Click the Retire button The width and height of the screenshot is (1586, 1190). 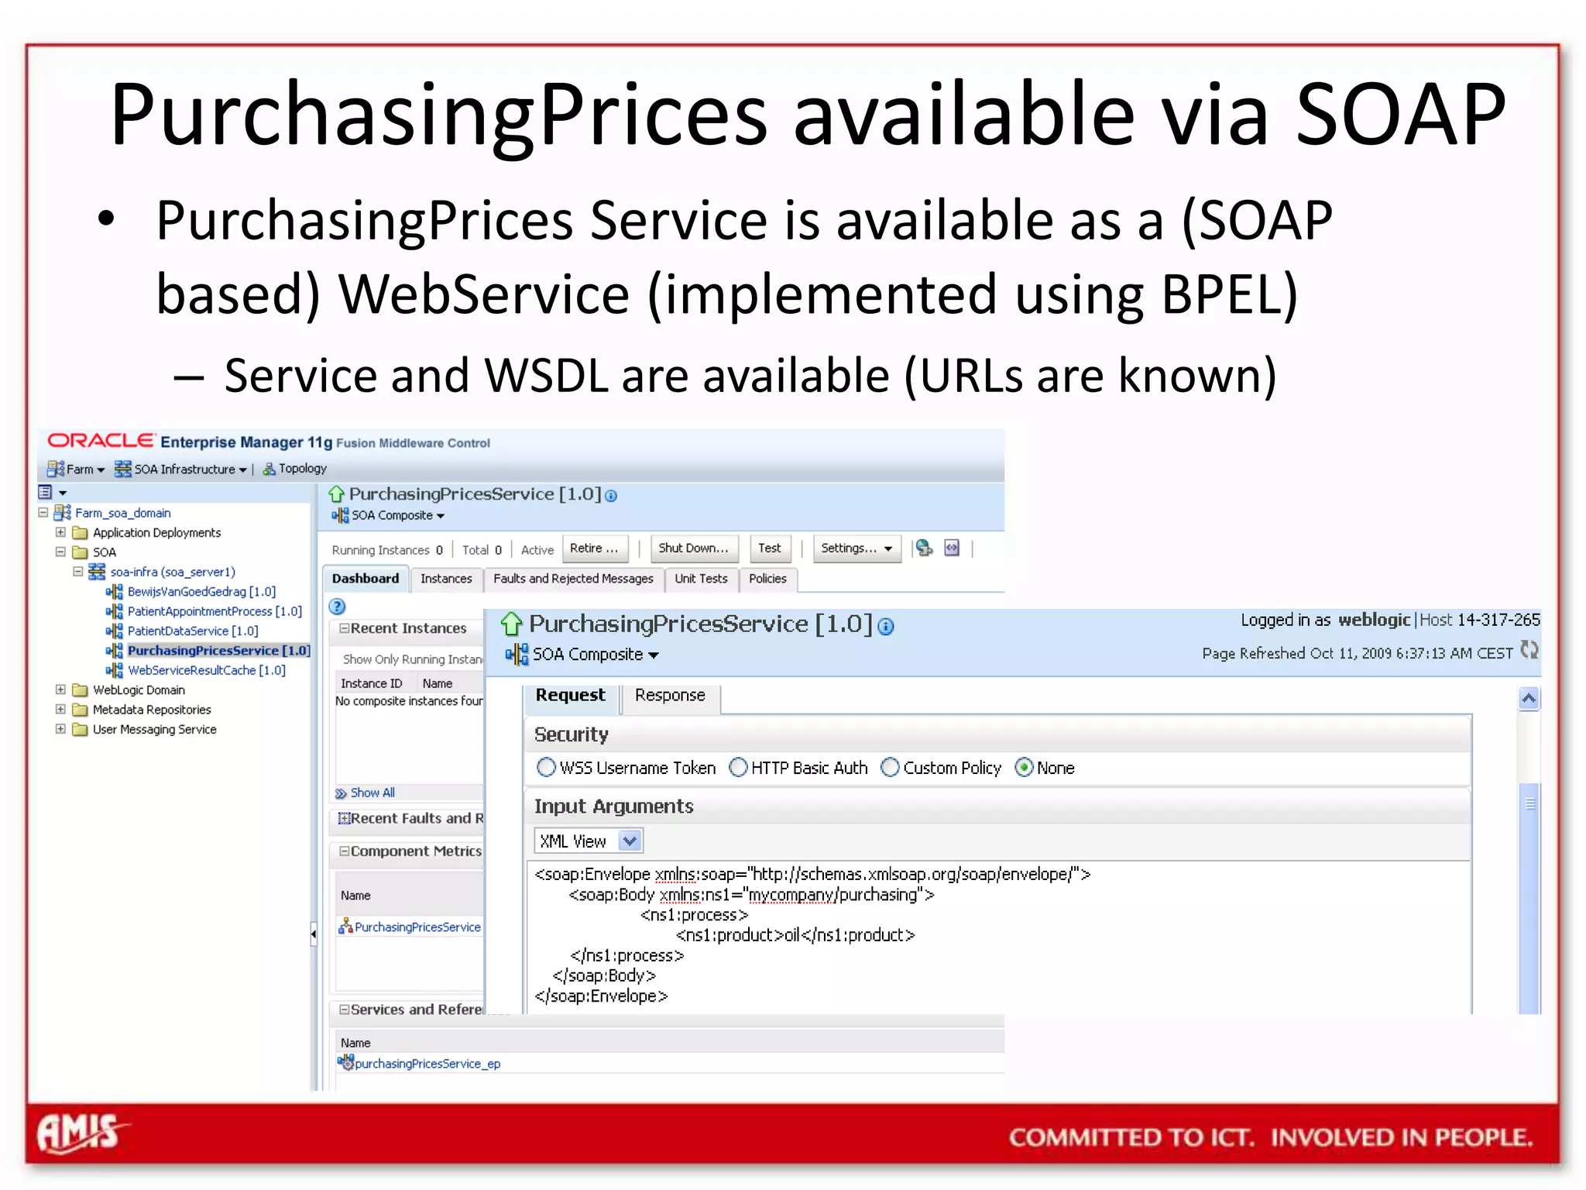click(x=594, y=549)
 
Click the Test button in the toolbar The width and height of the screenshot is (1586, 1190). click(x=769, y=549)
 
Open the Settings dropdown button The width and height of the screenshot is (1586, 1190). click(x=857, y=549)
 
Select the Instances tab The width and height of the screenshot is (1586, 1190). click(x=446, y=579)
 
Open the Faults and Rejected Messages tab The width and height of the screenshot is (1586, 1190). click(x=573, y=579)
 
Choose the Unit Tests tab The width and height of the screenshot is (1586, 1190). click(x=701, y=579)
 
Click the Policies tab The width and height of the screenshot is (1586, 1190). click(x=767, y=579)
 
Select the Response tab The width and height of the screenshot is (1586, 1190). click(x=670, y=695)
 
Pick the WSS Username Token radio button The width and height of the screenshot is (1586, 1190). click(x=547, y=768)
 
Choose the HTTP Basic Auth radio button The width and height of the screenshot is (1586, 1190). click(x=739, y=768)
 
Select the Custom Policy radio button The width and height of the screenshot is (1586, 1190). click(x=891, y=768)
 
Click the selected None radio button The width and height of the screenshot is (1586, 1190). click(x=1024, y=768)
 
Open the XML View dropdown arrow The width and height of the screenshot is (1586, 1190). click(x=630, y=841)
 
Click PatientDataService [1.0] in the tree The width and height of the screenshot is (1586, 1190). click(x=193, y=631)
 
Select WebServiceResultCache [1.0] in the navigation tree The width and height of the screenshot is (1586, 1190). click(x=206, y=670)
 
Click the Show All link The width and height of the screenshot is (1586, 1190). click(x=372, y=793)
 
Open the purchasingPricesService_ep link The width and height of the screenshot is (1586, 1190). click(x=427, y=1064)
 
